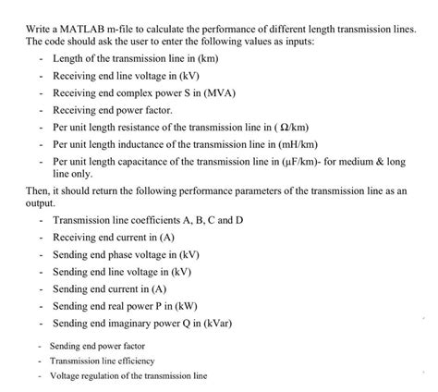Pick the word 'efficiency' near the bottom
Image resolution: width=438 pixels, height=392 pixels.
point(135,361)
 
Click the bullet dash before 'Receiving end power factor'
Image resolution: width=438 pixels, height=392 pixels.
point(43,110)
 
